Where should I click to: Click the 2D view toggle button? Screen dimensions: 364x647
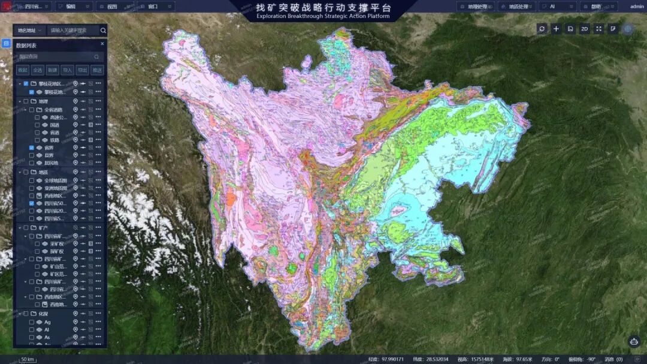tap(585, 29)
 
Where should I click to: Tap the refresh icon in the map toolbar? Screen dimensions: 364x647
tap(542, 29)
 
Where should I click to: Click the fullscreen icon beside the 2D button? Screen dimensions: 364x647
tap(598, 29)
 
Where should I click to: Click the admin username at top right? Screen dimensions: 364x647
tap(637, 7)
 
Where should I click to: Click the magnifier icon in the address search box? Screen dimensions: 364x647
tap(103, 30)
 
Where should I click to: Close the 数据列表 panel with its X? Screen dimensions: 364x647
tap(102, 44)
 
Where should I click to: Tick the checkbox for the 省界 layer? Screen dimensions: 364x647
tap(31, 148)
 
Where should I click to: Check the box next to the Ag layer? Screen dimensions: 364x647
tap(31, 322)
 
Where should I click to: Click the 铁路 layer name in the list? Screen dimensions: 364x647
tap(55, 140)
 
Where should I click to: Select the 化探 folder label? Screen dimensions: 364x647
tap(43, 314)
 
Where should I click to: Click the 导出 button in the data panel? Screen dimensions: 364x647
tap(82, 70)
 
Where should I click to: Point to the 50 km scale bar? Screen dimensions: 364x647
tap(27, 359)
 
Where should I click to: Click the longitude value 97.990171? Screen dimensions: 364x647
tap(392, 359)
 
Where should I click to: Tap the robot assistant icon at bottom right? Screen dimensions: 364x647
tap(634, 341)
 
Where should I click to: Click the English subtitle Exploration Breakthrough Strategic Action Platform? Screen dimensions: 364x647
tap(323, 16)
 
